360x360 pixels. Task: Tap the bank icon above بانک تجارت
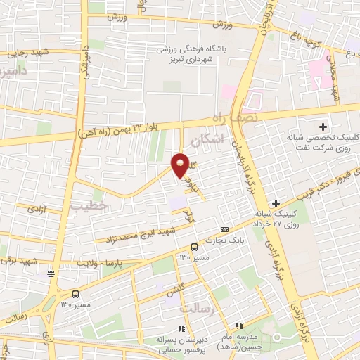[224, 229]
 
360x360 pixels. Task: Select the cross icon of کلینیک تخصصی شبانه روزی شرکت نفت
[323, 127]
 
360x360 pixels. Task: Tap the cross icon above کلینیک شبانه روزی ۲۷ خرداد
[276, 202]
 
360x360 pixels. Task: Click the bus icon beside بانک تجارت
[195, 247]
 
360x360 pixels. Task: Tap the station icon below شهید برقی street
[50, 274]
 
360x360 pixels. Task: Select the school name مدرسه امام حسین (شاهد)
[236, 342]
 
